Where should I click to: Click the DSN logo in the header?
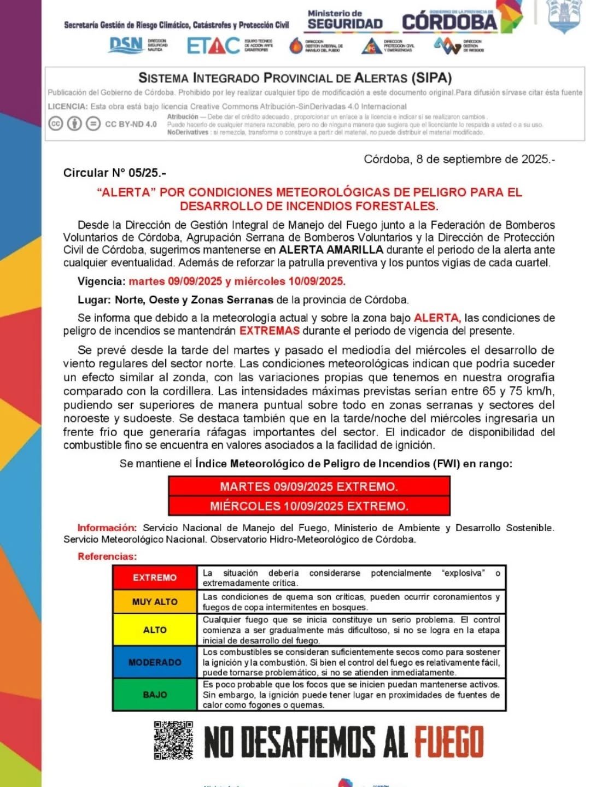126,45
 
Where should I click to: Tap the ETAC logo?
213,46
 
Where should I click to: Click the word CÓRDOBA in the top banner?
449,22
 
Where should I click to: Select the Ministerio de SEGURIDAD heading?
344,20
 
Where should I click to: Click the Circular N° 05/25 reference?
114,173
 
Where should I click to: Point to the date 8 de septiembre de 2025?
459,159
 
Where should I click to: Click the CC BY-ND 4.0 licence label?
131,124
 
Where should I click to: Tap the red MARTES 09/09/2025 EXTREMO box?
309,486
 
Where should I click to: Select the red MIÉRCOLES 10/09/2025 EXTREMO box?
309,506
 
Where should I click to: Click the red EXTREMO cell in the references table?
155,578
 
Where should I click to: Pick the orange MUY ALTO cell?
155,602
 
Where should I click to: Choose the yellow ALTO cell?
155,630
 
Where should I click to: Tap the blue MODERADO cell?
155,662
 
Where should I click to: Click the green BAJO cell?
155,694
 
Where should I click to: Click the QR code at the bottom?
173,741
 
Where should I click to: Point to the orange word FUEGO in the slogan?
448,742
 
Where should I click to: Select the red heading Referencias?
107,556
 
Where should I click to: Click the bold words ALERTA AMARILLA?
331,250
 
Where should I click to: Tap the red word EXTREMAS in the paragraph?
270,331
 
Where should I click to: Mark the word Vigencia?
102,281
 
